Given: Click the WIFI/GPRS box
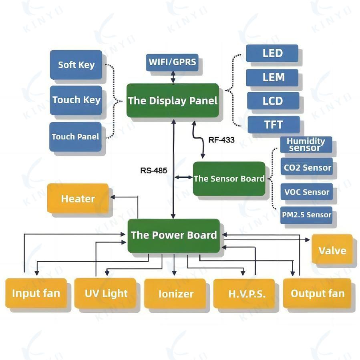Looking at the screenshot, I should (173, 62).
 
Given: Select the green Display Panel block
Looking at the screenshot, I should (173, 101).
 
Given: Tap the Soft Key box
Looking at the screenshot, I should (76, 65).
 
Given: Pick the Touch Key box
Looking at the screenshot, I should (76, 100).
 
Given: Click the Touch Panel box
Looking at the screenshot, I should (75, 137).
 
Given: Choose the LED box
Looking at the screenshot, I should (272, 53).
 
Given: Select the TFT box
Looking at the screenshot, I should (274, 125).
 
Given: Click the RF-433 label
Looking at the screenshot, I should (221, 140).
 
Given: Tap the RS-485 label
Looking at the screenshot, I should (154, 170).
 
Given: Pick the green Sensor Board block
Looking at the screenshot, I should (229, 179).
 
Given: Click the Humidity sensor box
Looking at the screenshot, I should (306, 145).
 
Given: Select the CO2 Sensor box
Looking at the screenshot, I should (307, 168).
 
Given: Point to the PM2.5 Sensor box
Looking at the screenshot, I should (307, 215).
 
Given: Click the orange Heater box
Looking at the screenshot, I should (78, 199).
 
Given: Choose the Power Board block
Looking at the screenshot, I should (174, 235).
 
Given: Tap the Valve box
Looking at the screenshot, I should (332, 251).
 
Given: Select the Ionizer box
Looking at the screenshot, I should (176, 294).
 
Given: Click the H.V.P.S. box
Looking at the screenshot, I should (244, 294).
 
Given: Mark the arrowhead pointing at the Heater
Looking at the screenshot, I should (113, 197).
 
